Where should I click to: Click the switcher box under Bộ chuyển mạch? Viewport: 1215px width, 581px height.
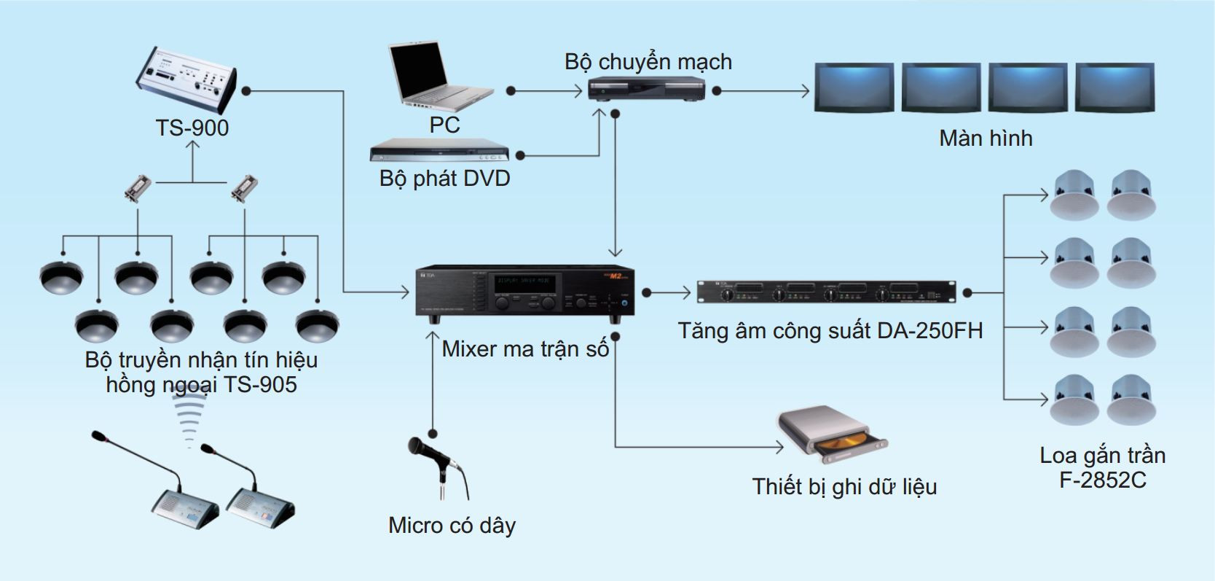[646, 90]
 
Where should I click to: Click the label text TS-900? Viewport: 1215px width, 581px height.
[192, 128]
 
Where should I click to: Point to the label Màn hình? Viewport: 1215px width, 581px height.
[986, 138]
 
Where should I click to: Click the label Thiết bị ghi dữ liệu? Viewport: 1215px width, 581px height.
[844, 486]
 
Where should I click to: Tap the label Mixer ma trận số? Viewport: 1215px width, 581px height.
[525, 348]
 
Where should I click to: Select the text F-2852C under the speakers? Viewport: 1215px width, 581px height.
[1102, 480]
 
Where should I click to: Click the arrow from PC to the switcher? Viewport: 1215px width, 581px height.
[546, 91]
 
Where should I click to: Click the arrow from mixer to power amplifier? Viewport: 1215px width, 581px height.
[669, 293]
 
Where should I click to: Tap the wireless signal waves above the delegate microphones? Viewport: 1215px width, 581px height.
[192, 418]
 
